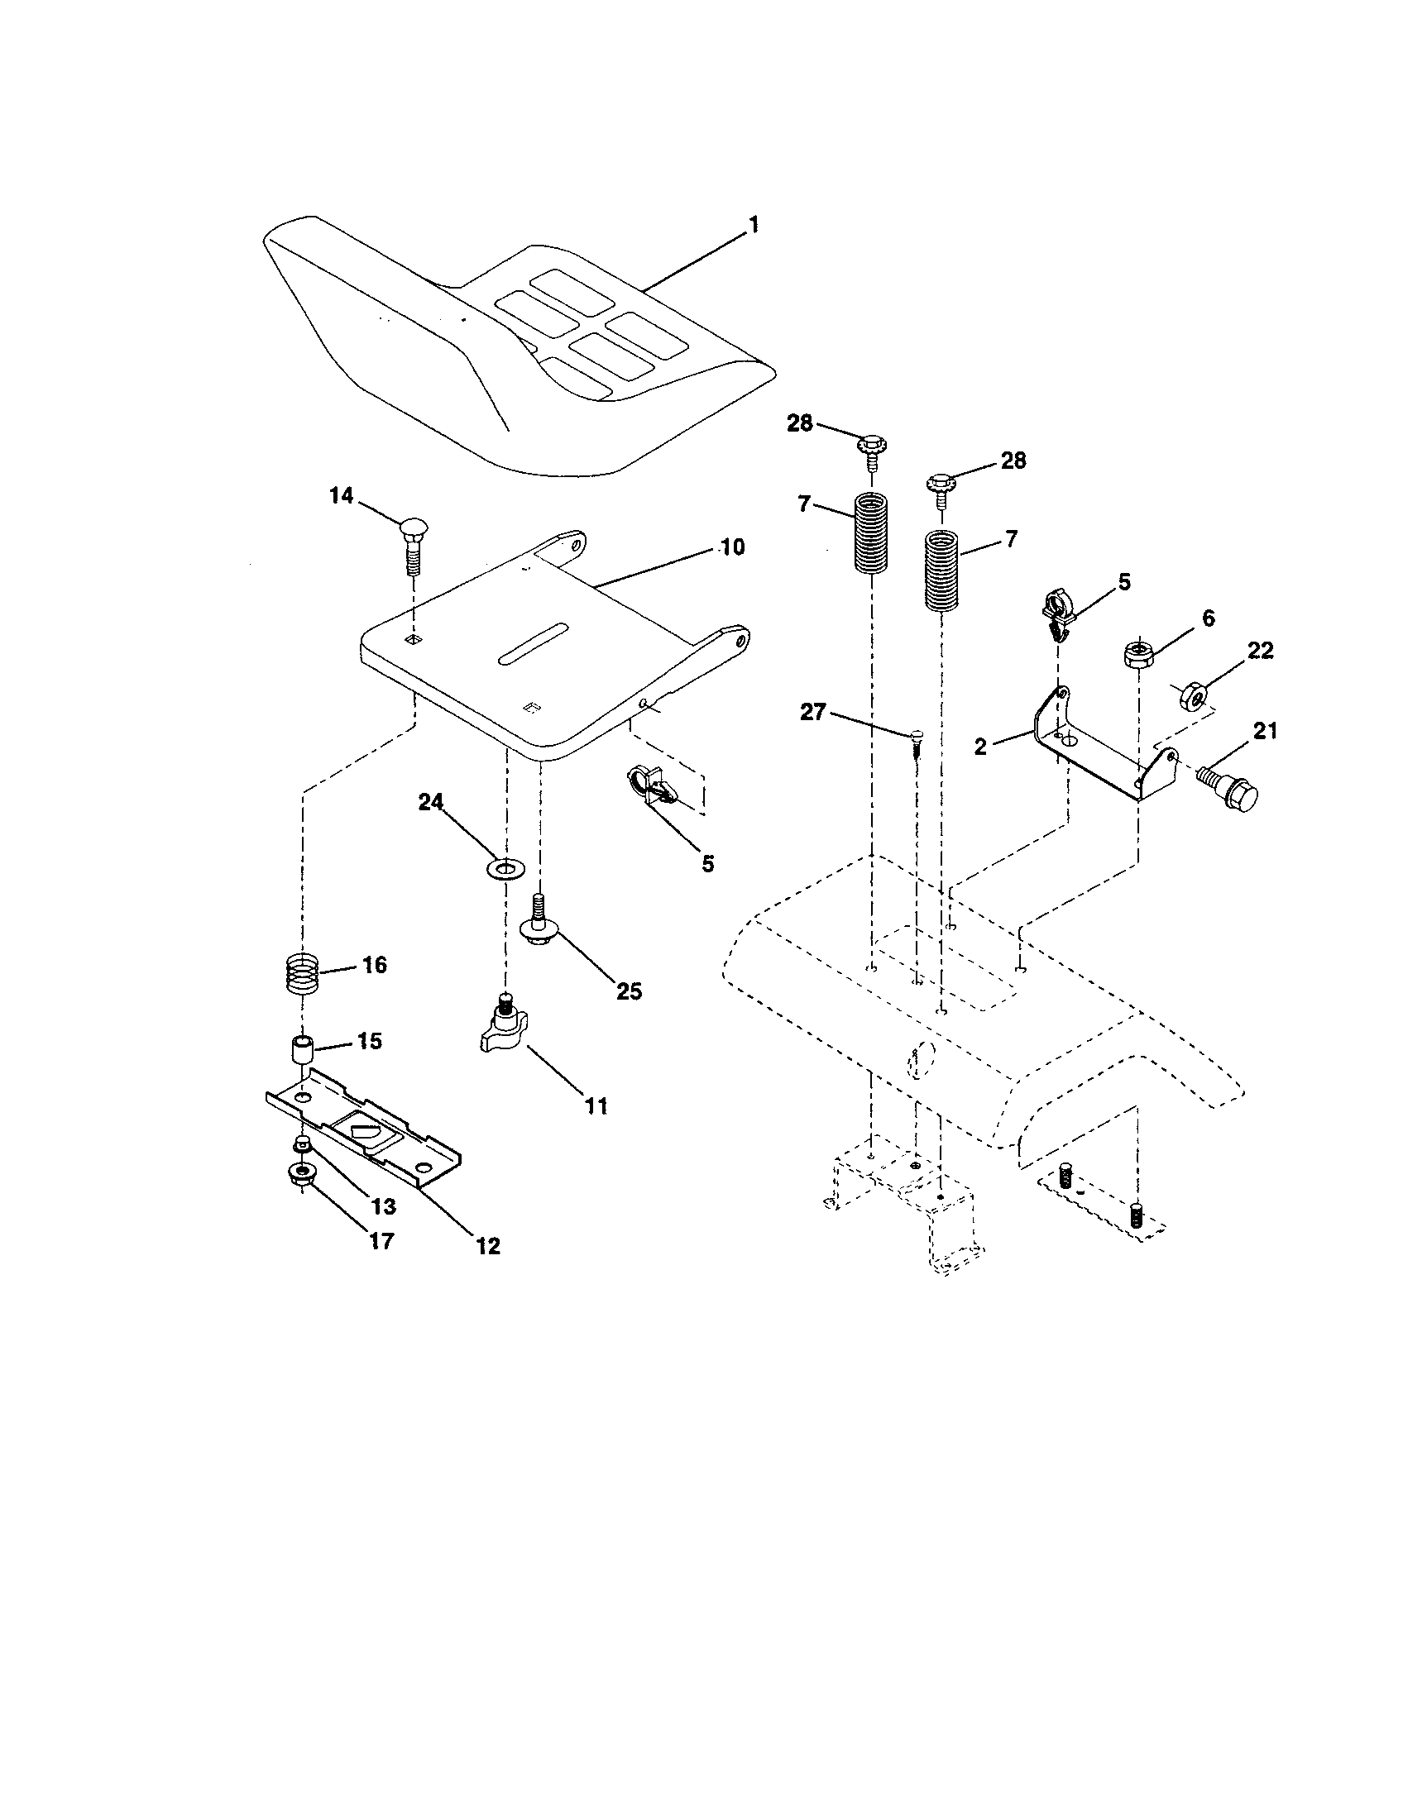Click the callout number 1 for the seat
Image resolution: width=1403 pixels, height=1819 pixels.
(753, 225)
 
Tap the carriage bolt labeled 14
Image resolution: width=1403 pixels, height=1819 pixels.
(414, 546)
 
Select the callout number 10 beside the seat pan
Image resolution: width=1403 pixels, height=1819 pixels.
(732, 547)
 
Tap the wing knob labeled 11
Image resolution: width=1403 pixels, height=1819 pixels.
(505, 1029)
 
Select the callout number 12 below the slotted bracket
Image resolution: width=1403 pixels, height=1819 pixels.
(488, 1246)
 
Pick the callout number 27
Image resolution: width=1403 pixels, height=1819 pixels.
(813, 713)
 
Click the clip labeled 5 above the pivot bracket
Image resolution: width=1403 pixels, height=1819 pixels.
(1056, 614)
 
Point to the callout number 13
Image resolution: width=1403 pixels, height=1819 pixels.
(384, 1206)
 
